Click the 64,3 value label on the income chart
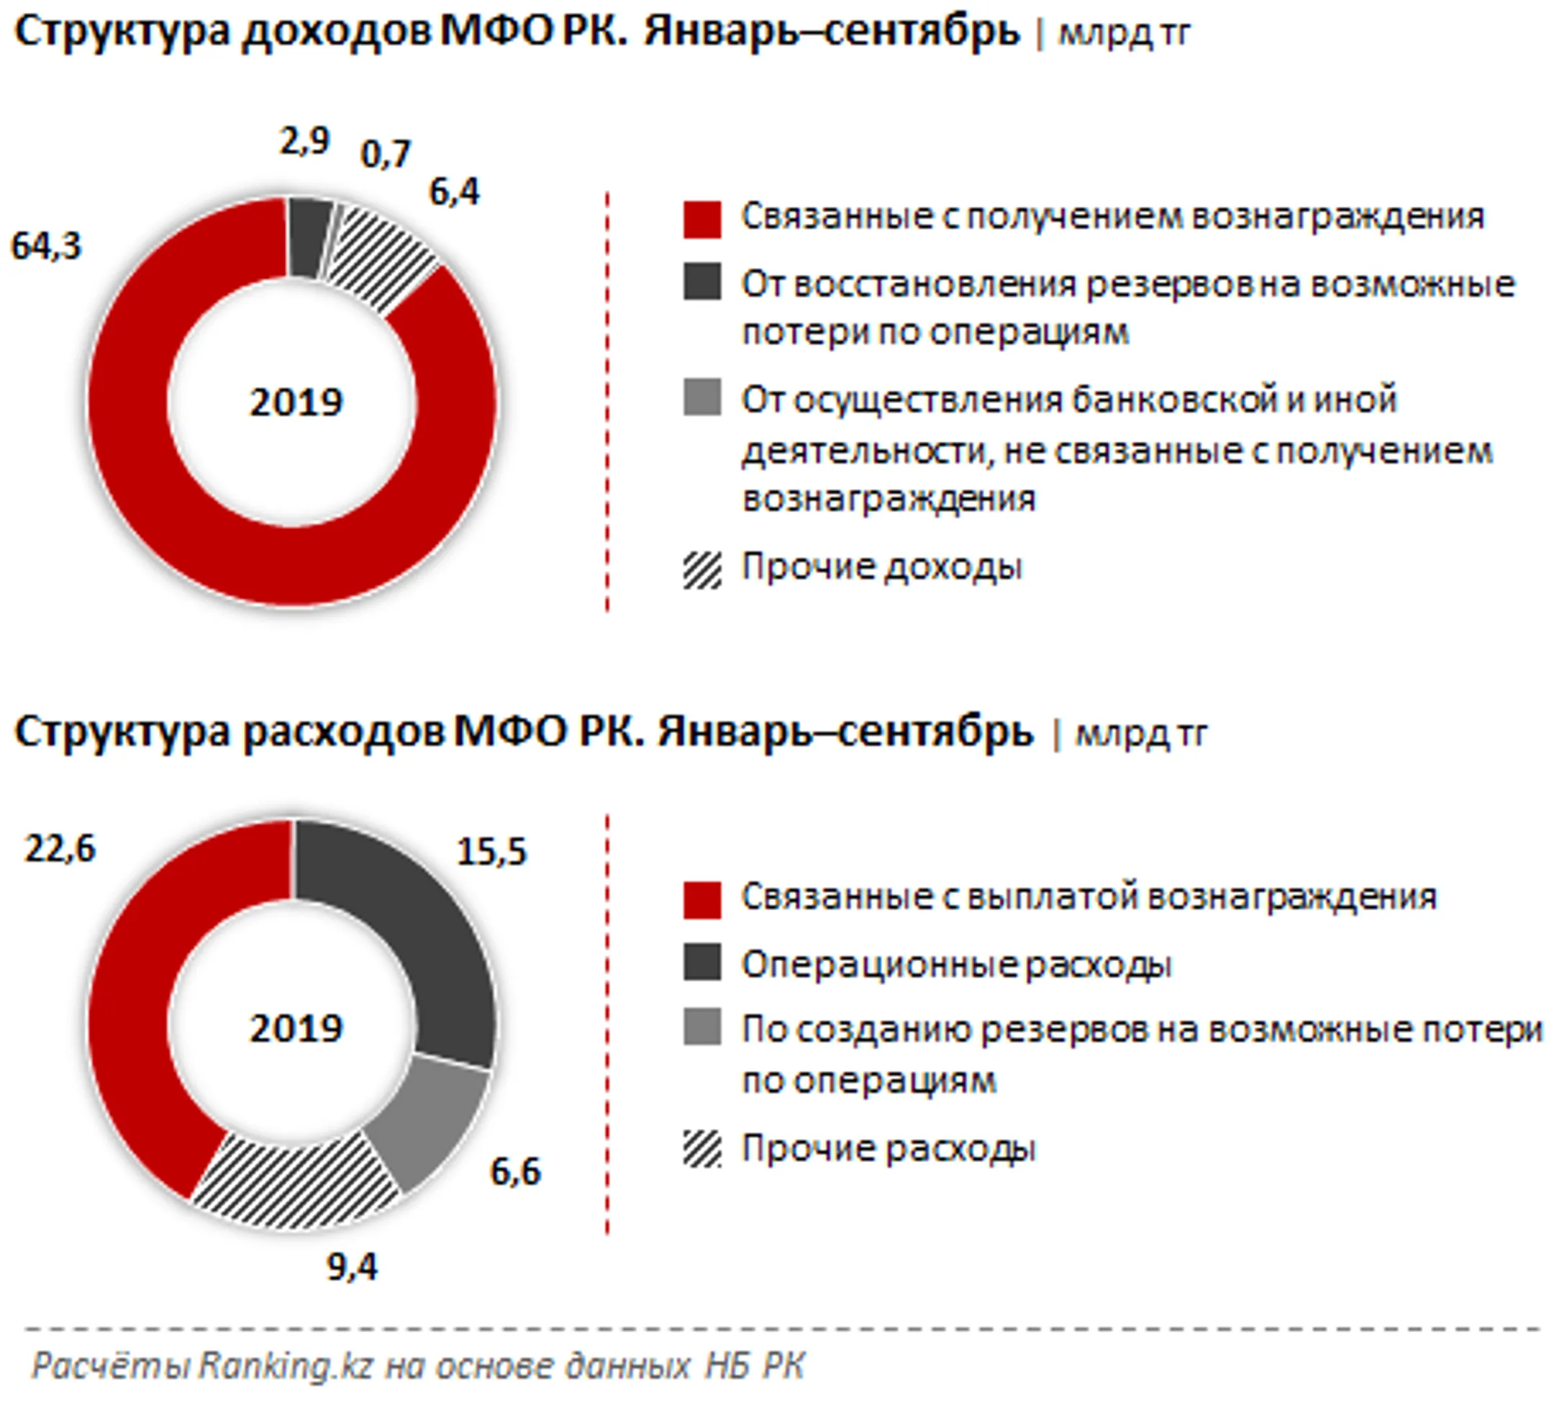(45, 247)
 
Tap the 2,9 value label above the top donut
(304, 141)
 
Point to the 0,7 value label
(386, 155)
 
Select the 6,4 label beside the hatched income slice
(454, 192)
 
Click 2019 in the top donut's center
(296, 402)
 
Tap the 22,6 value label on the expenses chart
(60, 849)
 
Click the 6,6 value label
(516, 1172)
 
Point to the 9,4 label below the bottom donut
(353, 1267)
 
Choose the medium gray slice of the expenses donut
(432, 1118)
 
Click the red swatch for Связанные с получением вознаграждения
(701, 219)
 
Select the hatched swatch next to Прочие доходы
(701, 571)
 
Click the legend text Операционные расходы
(956, 965)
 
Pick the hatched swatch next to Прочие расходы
(701, 1149)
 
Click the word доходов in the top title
(336, 33)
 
